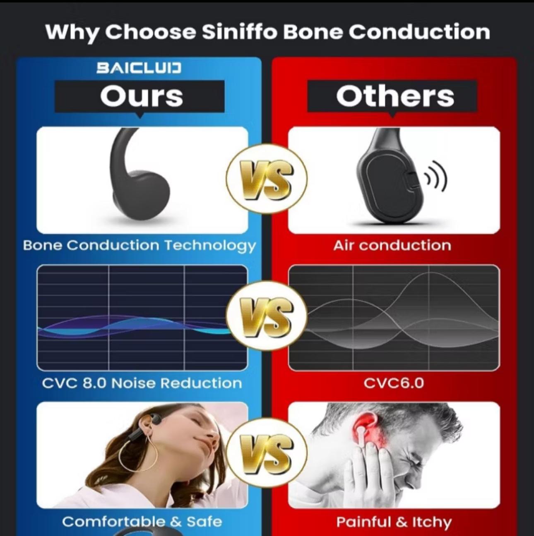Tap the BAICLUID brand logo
(139, 68)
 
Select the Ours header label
(142, 96)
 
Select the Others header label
(395, 96)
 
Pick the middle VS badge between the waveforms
(267, 316)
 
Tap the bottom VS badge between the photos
(267, 453)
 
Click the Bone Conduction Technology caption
(139, 246)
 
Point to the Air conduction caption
(392, 245)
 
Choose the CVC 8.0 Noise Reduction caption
(142, 383)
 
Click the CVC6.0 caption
(394, 383)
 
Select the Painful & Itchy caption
(394, 522)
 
